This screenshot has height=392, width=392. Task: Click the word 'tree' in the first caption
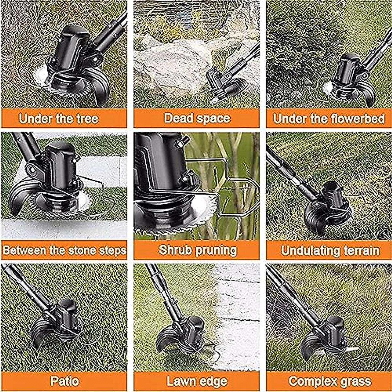(87, 119)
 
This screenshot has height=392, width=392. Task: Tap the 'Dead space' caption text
(197, 118)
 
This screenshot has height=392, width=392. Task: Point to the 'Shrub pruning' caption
(197, 250)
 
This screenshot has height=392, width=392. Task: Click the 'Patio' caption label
(65, 381)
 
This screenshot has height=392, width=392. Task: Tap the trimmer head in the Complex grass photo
(327, 336)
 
